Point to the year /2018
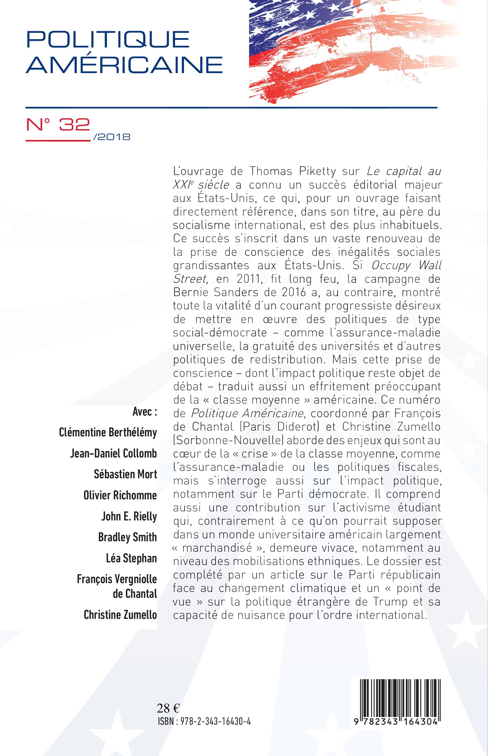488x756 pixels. [112, 137]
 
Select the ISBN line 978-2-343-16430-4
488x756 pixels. [204, 721]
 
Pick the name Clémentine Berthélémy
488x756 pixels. [108, 432]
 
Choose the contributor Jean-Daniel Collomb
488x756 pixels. [113, 453]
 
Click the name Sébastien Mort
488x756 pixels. [125, 474]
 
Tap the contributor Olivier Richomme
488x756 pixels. [120, 495]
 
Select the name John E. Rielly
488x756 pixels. [129, 516]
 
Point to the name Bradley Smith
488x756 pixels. [127, 537]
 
